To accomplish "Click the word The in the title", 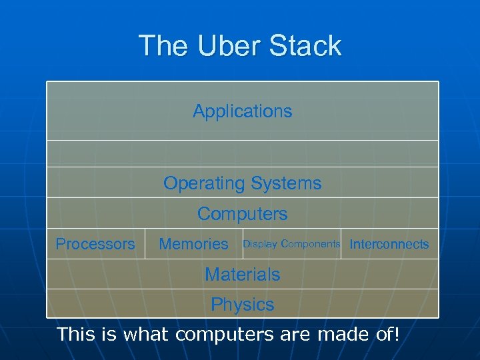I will tap(161, 46).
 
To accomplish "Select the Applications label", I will tap(242, 111).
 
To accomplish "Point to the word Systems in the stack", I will tap(289, 183).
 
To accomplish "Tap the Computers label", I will tap(242, 214).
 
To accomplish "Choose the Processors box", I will tap(95, 244).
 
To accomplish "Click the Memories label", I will tap(193, 244).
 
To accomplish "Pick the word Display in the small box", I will tap(260, 244).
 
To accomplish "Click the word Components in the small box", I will tap(311, 244).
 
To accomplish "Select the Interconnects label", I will tap(389, 244).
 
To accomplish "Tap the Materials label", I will tap(242, 274).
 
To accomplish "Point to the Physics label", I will tap(242, 305).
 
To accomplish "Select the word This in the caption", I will tap(75, 333).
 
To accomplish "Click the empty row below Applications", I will tap(242, 153).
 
